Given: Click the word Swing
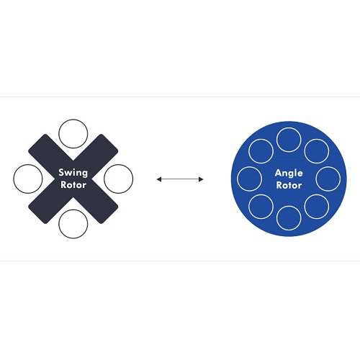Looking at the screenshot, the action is pos(73,173).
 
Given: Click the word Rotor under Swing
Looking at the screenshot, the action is pos(73,185).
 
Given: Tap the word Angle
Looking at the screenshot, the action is pos(289,174).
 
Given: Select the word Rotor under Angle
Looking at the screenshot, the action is pos(289,185).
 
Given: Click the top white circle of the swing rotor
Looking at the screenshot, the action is pos(73,120).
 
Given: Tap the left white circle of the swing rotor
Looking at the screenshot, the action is pos(14,179).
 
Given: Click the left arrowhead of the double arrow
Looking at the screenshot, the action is pos(159,179).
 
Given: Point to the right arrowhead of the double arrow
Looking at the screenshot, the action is pos(201,179).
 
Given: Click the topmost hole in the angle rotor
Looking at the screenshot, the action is pos(289,128).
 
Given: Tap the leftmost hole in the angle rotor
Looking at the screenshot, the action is pos(238,179).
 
